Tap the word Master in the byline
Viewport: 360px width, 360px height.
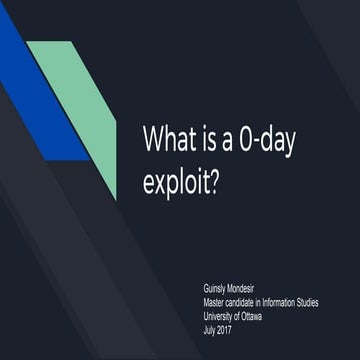[215, 300]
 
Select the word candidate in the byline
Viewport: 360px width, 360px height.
[250, 300]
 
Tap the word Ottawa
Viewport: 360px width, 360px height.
[265, 312]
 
